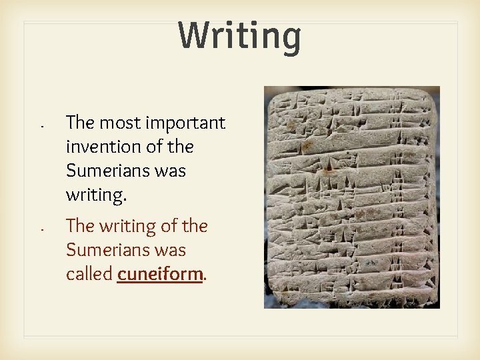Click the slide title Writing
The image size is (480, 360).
point(240,36)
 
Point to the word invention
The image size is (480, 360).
point(100,147)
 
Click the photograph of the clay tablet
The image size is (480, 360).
point(352,197)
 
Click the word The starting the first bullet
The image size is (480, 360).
point(79,123)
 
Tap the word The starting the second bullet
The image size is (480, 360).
point(79,227)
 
